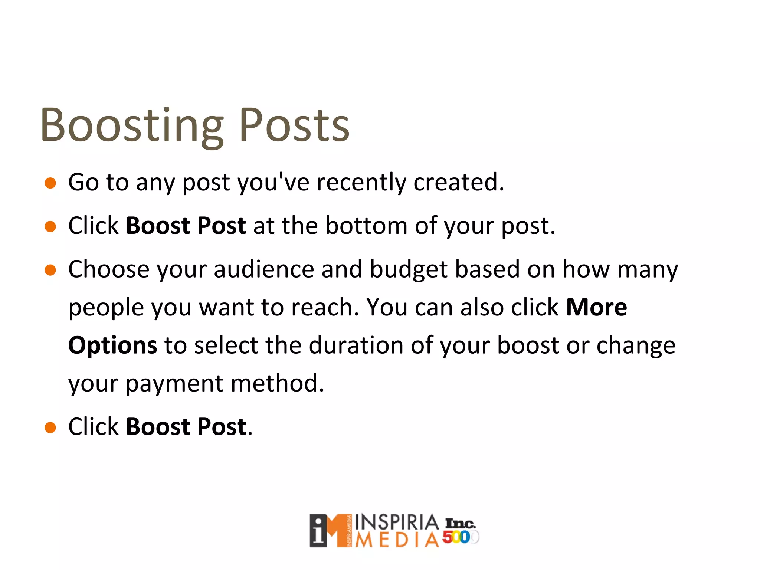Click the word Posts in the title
point(294,125)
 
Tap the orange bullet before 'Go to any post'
point(50,183)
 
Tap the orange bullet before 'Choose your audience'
point(50,270)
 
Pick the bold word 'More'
point(596,307)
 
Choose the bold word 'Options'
point(113,345)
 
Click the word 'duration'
point(356,345)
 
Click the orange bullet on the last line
point(50,427)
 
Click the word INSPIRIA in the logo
point(397,522)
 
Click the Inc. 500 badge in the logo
point(460,531)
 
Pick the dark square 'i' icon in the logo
point(318,531)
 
